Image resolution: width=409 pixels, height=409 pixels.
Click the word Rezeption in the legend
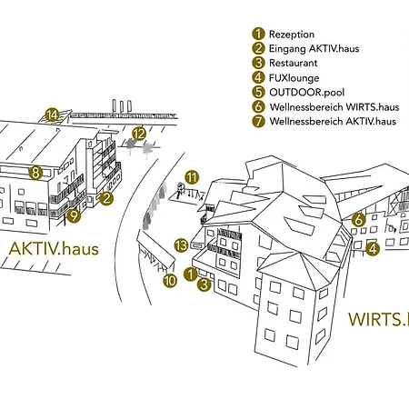click(x=292, y=35)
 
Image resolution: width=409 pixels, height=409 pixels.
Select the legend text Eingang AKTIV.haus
click(x=314, y=49)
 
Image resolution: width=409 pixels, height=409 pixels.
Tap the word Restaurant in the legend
click(x=294, y=63)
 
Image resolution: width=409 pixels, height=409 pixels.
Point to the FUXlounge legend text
click(x=294, y=78)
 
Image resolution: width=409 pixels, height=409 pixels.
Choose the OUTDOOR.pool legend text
click(x=306, y=92)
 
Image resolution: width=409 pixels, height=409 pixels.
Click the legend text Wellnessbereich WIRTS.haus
click(x=334, y=107)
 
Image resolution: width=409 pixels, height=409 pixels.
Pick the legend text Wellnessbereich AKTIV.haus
click(x=333, y=121)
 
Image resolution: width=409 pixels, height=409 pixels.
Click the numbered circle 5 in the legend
click(x=258, y=92)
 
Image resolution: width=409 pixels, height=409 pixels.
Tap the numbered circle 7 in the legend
click(x=258, y=121)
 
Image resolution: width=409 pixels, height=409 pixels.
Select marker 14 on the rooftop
click(x=52, y=115)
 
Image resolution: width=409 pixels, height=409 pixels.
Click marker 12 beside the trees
click(x=139, y=134)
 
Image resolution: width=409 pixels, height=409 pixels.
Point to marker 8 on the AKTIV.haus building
click(x=35, y=174)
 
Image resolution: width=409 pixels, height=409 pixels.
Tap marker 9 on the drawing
click(x=74, y=215)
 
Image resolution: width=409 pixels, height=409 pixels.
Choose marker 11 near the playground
click(x=192, y=177)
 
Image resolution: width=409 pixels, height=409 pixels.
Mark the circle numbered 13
click(x=182, y=245)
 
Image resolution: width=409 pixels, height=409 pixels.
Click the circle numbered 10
click(x=170, y=281)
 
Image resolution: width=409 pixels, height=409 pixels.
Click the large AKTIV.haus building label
click(x=54, y=249)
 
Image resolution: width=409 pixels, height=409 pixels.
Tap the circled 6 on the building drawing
click(x=359, y=220)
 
